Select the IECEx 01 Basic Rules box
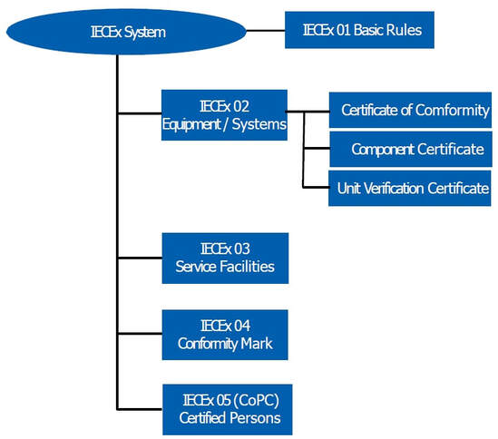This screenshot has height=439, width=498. (x=360, y=30)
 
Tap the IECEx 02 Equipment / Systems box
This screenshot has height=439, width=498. (x=224, y=114)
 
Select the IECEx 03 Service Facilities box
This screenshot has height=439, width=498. (x=224, y=258)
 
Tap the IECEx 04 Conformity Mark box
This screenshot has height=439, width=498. (x=224, y=335)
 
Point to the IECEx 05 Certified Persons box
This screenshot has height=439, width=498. (x=228, y=408)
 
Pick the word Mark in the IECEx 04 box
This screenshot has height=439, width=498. (x=255, y=344)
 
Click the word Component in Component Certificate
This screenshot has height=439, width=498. (x=383, y=149)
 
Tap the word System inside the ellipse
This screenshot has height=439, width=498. (x=145, y=34)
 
